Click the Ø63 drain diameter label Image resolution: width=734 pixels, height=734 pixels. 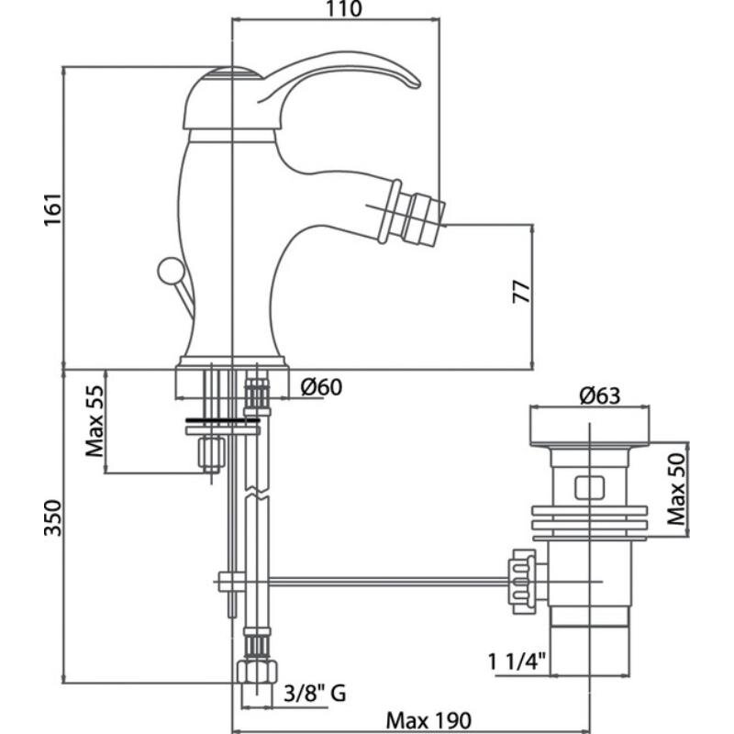[x=600, y=396]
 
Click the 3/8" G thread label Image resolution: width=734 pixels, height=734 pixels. [x=314, y=692]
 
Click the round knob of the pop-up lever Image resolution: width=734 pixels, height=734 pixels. [x=169, y=271]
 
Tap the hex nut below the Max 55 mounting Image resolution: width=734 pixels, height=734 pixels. [x=213, y=453]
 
